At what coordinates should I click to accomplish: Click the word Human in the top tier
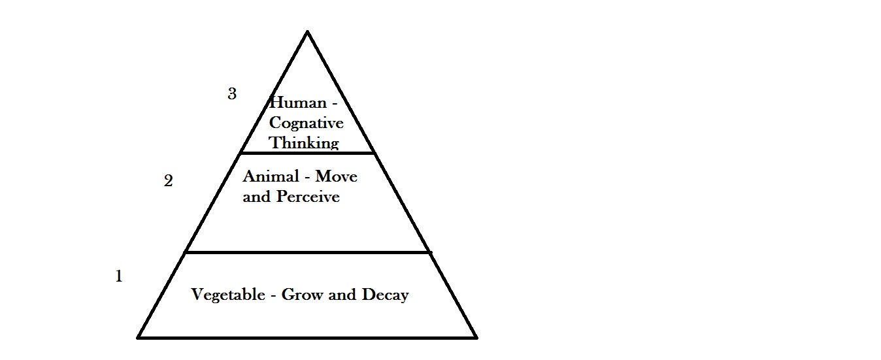pos(297,103)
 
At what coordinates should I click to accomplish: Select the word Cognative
pos(306,122)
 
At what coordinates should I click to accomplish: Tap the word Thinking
pos(305,142)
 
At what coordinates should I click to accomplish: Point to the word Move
pos(337,176)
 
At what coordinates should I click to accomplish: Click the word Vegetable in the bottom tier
pos(227,295)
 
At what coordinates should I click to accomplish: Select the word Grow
pos(303,295)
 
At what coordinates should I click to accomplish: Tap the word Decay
pos(385,295)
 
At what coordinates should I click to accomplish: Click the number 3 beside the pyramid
pos(232,94)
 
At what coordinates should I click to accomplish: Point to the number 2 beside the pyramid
pos(168,182)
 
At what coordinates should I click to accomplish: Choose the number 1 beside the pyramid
pos(119,276)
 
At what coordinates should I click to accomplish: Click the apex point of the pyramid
pos(307,31)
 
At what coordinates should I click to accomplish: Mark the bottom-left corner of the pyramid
pos(139,337)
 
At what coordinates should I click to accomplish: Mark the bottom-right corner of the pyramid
pos(476,337)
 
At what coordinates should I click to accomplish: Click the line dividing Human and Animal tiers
pos(307,153)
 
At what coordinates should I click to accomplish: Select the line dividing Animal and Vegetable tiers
pos(307,252)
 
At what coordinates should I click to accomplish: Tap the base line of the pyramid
pos(307,337)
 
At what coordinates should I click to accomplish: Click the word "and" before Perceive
pos(256,197)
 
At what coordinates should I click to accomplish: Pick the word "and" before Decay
pos(342,295)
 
